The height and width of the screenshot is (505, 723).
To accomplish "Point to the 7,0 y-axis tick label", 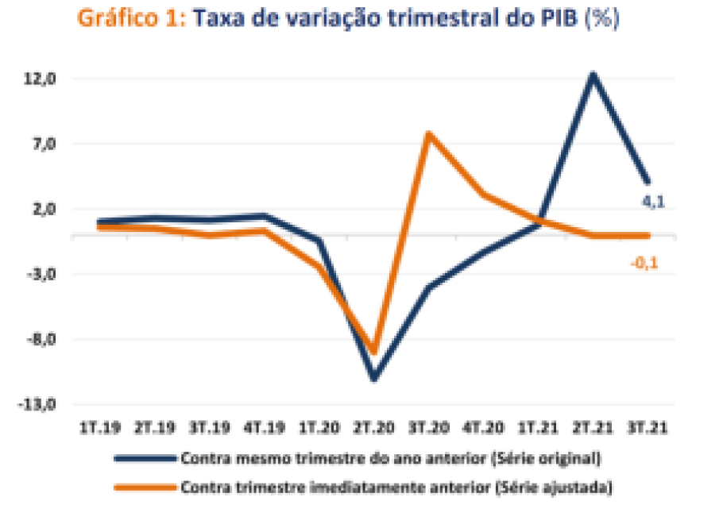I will tap(41, 145).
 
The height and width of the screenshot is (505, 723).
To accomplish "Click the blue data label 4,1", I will tap(653, 202).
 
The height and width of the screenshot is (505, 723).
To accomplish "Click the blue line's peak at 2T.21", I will tap(592, 75).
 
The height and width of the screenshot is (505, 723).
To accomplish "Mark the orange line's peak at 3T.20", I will tap(428, 133).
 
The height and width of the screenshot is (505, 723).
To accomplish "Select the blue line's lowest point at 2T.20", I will tap(373, 378).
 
